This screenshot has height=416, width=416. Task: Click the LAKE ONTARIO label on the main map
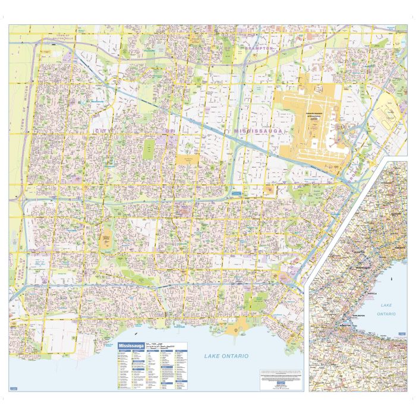point(226,356)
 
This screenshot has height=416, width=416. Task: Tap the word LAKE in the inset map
point(387,304)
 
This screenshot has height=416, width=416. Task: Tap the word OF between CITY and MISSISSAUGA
point(170,130)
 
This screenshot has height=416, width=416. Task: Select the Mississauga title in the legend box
point(131,346)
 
